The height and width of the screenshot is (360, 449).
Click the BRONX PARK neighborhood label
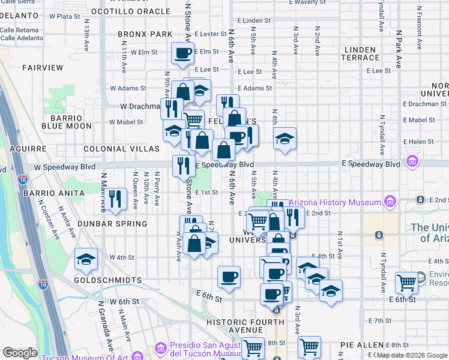145,34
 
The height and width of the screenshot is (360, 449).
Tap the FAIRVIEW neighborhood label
43,68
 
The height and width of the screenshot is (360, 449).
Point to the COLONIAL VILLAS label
113,148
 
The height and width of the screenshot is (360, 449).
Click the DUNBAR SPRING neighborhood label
118,224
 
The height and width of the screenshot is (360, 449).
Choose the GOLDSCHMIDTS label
107,280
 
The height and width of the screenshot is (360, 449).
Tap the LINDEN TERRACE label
360,53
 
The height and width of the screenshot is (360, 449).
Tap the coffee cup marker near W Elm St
183,53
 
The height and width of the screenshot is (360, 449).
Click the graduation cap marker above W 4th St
86,259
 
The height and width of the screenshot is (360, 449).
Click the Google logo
20,353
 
